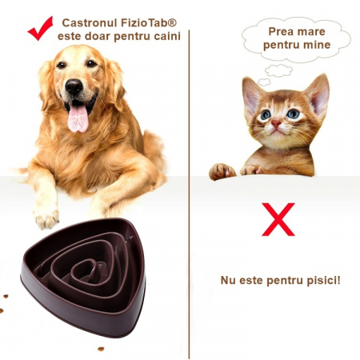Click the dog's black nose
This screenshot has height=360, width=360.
74,87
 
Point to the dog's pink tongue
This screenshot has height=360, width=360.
78,118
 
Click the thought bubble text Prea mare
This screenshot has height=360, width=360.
286,32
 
